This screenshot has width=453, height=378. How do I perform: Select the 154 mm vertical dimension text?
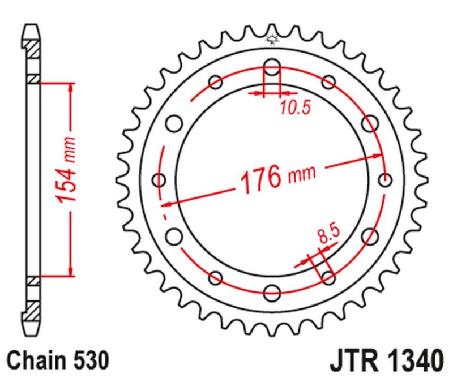pos(67,178)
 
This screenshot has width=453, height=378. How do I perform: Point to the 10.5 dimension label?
pos(294,108)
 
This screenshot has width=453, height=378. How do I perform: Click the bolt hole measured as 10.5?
pos(272,68)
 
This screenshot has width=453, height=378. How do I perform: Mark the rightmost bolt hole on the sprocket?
pos(386,180)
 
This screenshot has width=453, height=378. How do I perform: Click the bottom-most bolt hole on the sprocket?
pos(272,293)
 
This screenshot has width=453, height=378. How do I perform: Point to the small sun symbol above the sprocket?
pos(272,40)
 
